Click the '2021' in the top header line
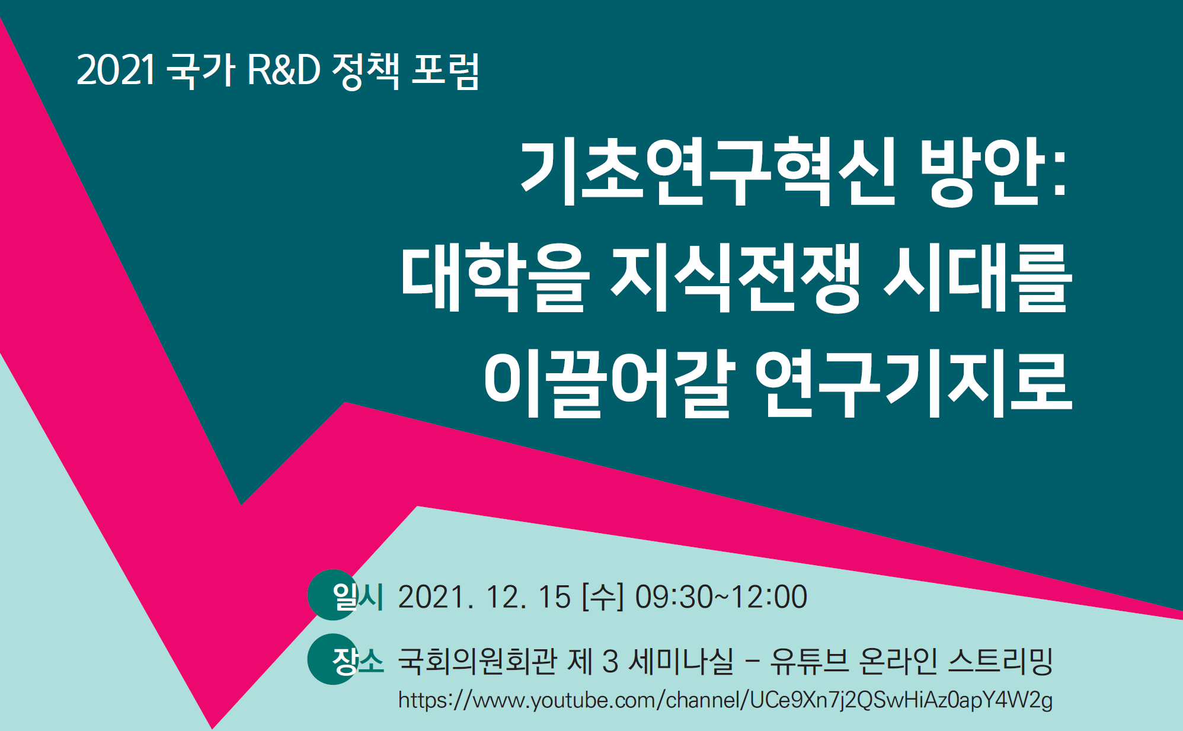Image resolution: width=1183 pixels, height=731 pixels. [116, 70]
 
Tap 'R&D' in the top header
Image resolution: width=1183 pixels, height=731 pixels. [283, 70]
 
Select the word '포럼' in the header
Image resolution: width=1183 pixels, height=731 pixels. [445, 71]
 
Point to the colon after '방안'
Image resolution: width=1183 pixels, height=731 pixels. [1060, 173]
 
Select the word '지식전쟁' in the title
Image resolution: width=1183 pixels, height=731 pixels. [735, 278]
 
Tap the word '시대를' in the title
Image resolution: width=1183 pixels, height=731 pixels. [977, 278]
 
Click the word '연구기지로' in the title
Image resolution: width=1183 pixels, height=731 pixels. [913, 383]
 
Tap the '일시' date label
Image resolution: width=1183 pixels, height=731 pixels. [358, 596]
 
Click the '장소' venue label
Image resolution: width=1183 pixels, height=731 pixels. [358, 661]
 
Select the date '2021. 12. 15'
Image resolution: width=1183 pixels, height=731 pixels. [484, 597]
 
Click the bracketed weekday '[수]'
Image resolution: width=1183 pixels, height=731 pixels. [603, 597]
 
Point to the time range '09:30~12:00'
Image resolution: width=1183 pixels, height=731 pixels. [721, 597]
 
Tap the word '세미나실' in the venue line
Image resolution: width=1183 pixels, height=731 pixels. [681, 661]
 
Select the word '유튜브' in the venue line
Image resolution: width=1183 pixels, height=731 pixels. [809, 661]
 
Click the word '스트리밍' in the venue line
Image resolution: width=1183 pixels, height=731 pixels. [1000, 661]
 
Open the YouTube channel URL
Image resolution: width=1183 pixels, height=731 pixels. [725, 700]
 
